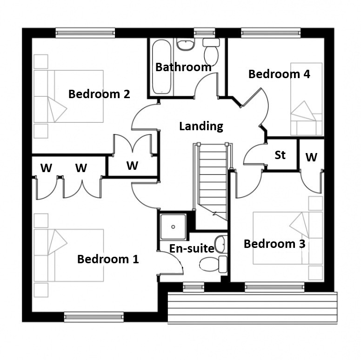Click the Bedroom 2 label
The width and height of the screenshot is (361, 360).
click(99, 94)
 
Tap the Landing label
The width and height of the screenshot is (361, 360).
click(201, 127)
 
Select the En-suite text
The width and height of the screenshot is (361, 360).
click(192, 248)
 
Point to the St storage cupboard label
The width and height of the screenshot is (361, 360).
click(280, 155)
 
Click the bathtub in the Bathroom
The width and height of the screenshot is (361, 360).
click(161, 67)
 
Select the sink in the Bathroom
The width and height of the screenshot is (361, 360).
click(186, 45)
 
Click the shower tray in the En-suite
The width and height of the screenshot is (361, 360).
click(173, 227)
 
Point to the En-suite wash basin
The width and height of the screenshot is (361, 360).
click(220, 244)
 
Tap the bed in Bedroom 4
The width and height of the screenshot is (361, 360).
click(307, 99)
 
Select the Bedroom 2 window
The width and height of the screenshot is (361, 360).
click(85, 33)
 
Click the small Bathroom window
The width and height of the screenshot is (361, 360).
click(204, 33)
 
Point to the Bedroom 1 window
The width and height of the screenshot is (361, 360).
click(94, 317)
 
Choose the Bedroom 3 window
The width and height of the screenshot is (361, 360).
click(274, 287)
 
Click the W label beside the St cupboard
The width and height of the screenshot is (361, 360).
click(311, 157)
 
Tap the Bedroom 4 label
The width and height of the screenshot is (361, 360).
click(279, 74)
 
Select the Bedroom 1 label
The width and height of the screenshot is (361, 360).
click(108, 259)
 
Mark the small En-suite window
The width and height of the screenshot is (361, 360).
click(194, 287)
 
